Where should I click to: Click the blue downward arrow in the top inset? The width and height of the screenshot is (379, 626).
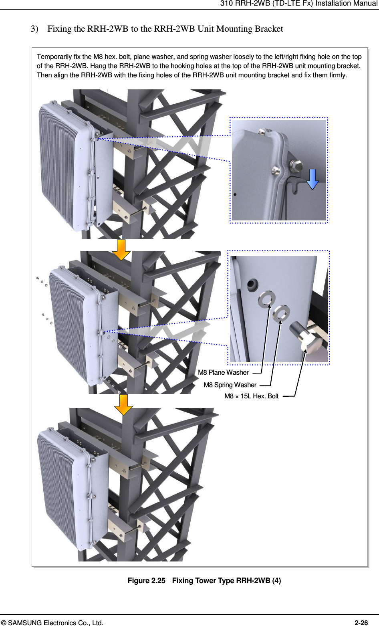[312, 179]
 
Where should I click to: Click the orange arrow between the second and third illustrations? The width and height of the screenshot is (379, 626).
[123, 404]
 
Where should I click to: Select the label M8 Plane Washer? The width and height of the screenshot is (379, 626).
[223, 373]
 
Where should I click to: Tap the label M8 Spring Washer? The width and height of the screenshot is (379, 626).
[230, 385]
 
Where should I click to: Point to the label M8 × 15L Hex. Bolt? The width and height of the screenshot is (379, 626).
[251, 396]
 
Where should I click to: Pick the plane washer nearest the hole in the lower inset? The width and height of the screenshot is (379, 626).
[266, 299]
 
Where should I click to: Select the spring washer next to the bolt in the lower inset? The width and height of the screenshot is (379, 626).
[281, 313]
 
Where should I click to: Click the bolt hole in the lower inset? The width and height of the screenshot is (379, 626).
[252, 285]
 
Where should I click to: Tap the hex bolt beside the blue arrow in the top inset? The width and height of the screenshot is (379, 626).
[296, 166]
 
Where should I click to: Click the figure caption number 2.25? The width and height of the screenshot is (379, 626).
[158, 581]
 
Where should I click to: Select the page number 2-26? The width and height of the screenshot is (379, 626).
[361, 623]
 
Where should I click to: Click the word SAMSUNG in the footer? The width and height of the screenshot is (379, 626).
[25, 623]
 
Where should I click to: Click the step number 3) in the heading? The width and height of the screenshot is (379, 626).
[34, 29]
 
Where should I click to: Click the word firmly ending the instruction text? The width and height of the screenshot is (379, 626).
[337, 75]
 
